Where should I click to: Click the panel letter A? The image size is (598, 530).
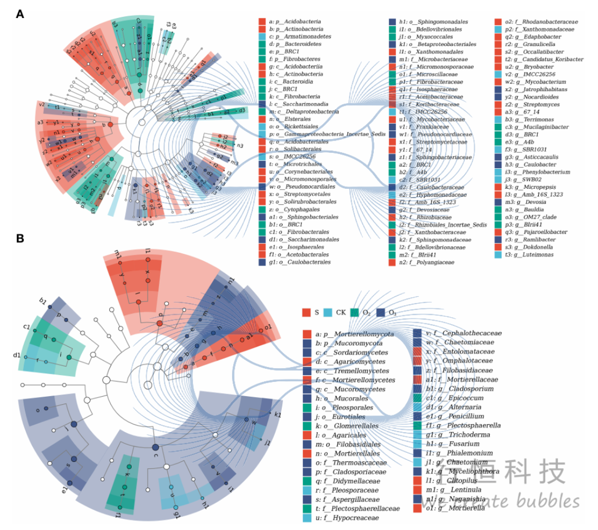20,14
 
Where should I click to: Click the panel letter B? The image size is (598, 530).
20,239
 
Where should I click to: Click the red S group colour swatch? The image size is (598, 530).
306,313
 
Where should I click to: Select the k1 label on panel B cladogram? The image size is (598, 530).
278,414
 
